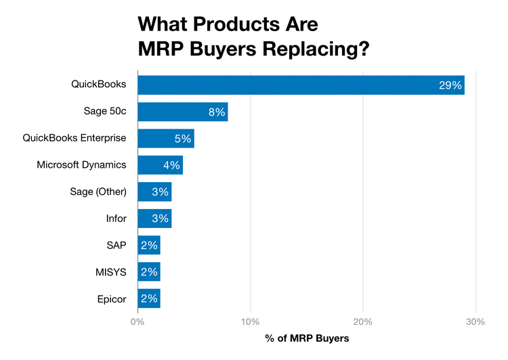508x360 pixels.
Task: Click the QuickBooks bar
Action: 301,85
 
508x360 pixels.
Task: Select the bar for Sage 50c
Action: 182,112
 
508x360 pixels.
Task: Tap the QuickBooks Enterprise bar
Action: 165,138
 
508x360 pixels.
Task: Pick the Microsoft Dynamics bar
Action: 160,165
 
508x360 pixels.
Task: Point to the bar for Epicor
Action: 148,298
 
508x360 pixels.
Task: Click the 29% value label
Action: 450,85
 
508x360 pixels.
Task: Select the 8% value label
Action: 216,112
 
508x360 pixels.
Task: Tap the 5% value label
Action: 183,139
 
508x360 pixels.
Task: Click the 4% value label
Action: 171,165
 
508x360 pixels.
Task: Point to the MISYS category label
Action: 111,272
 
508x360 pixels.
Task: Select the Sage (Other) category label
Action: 98,192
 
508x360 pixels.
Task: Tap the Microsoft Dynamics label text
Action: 81,165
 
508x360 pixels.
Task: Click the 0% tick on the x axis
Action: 137,321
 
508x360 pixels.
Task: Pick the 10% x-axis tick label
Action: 251,321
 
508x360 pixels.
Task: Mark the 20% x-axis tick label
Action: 363,321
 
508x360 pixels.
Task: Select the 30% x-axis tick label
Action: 475,321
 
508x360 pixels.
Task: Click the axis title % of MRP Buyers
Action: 307,338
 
